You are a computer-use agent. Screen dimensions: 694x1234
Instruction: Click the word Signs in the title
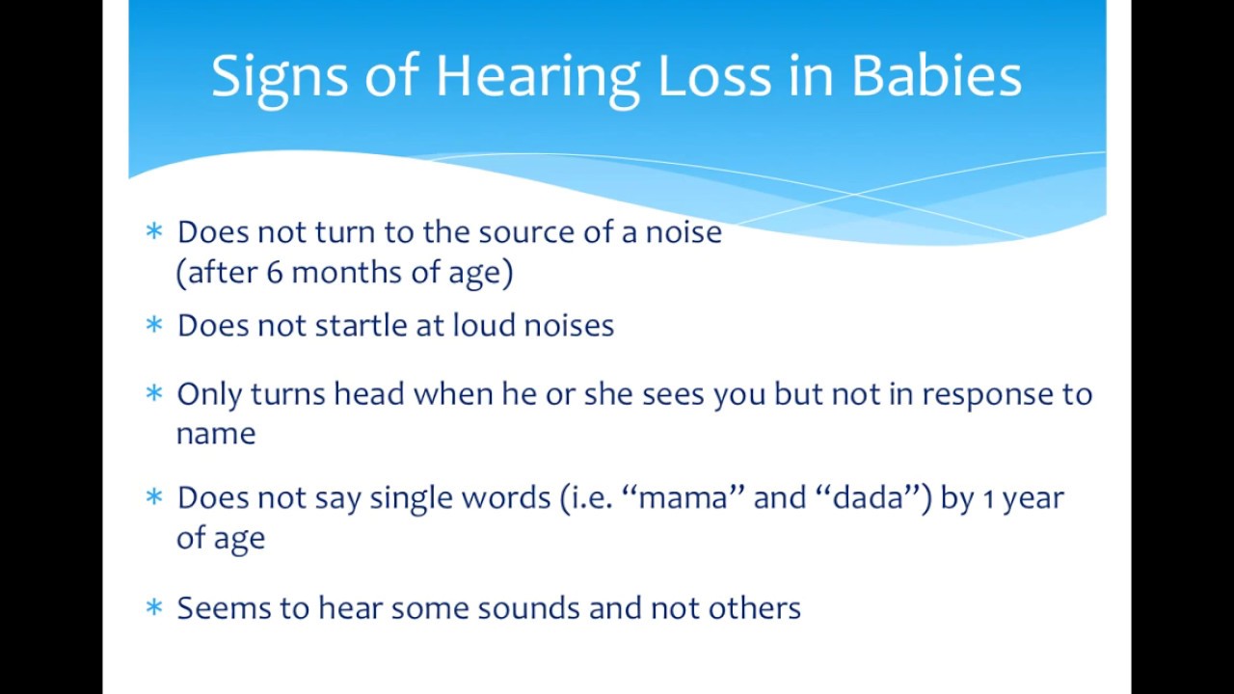[x=279, y=77]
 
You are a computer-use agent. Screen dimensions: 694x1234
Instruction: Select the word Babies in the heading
[x=936, y=77]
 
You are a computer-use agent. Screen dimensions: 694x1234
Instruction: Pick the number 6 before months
[x=275, y=273]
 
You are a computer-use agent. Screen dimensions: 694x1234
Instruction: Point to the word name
[x=216, y=435]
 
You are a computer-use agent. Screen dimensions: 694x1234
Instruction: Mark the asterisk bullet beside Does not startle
[x=154, y=325]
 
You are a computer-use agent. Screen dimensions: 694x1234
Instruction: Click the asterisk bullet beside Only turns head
[x=154, y=393]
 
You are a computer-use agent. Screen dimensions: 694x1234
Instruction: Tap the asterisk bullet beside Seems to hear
[x=154, y=607]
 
